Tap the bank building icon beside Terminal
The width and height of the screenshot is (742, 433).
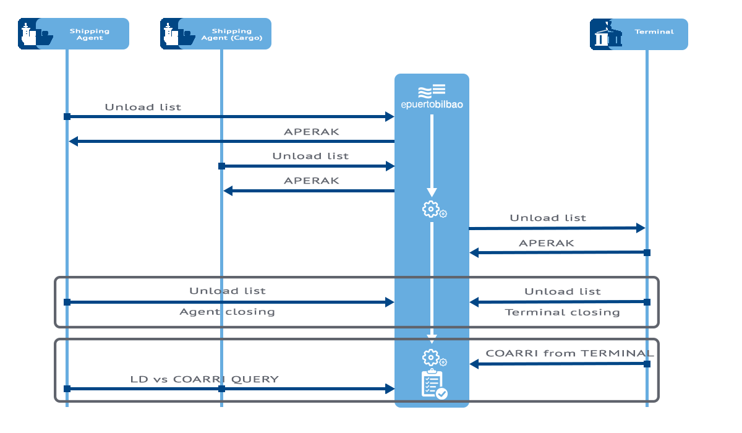tap(607, 35)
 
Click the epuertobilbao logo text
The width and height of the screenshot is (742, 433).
tap(432, 105)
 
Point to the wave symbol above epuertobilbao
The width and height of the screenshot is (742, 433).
tap(432, 91)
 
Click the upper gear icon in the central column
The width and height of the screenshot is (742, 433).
tap(431, 209)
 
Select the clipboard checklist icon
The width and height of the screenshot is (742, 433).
tap(433, 384)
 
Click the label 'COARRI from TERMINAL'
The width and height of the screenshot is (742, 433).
tap(569, 353)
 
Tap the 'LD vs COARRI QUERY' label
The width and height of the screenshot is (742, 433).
tap(204, 379)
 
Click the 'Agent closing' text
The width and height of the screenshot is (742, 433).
tap(227, 312)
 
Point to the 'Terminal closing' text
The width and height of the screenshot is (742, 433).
tap(562, 312)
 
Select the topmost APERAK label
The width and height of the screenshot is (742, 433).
tap(311, 132)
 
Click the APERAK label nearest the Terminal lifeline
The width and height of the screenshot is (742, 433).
tap(546, 243)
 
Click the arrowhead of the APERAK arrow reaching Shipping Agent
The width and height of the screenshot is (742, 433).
tap(73, 142)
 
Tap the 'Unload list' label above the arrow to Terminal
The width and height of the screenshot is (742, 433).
tap(547, 218)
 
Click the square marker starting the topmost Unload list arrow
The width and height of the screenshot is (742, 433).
tap(67, 116)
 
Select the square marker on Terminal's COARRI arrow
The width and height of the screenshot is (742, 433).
tap(647, 364)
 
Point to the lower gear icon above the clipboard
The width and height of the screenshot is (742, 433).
tap(432, 357)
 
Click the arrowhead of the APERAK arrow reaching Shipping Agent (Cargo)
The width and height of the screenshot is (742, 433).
tap(228, 191)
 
